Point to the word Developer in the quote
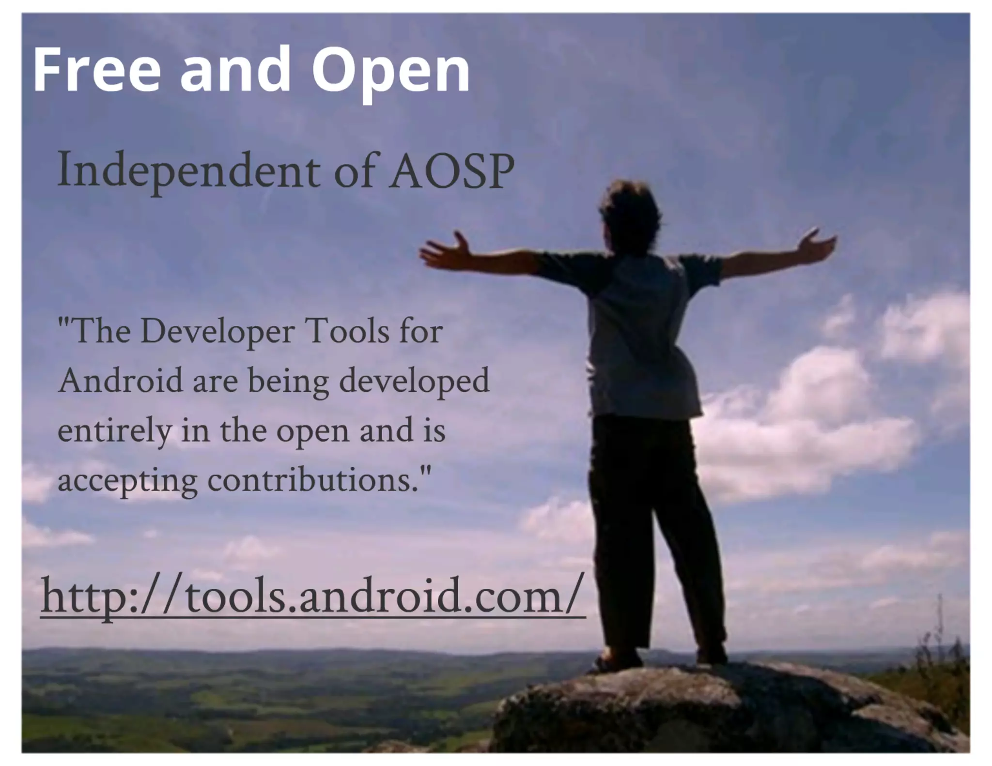(217, 333)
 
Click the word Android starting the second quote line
(120, 381)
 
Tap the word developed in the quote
(414, 382)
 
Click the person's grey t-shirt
(639, 334)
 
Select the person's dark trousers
(649, 508)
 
